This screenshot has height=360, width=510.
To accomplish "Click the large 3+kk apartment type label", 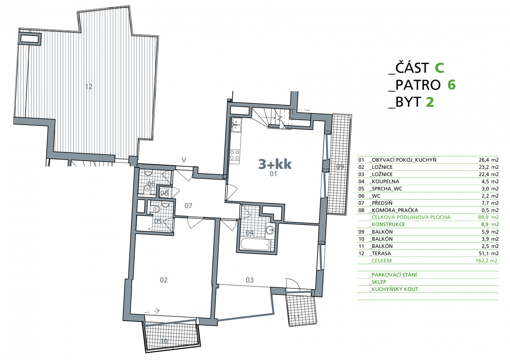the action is (275, 164).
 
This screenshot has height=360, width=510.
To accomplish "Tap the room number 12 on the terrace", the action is (88, 87).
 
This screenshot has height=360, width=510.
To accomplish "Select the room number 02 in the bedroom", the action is (163, 280).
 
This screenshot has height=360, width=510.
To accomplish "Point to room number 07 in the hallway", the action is (188, 206).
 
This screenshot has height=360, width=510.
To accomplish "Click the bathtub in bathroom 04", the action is (255, 244).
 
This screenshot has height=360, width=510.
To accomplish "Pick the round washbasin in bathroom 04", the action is (270, 230).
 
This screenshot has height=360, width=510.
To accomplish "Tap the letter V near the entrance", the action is (184, 160).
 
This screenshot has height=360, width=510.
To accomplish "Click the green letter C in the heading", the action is (440, 68).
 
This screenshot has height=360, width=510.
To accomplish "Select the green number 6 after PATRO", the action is (452, 85).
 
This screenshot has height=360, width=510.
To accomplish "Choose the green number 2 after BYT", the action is (430, 102).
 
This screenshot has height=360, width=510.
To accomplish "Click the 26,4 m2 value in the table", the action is (489, 160).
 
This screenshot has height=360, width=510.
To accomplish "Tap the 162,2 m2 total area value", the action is (486, 260).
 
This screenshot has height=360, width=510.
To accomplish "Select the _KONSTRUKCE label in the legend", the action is (387, 224).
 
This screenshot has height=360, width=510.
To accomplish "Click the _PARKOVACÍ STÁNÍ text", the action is (393, 275).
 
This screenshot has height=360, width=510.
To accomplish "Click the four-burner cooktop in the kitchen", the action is (235, 155).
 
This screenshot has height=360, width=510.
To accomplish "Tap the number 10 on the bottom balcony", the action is (164, 341).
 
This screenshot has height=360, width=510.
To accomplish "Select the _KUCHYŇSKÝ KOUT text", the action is (394, 289).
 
